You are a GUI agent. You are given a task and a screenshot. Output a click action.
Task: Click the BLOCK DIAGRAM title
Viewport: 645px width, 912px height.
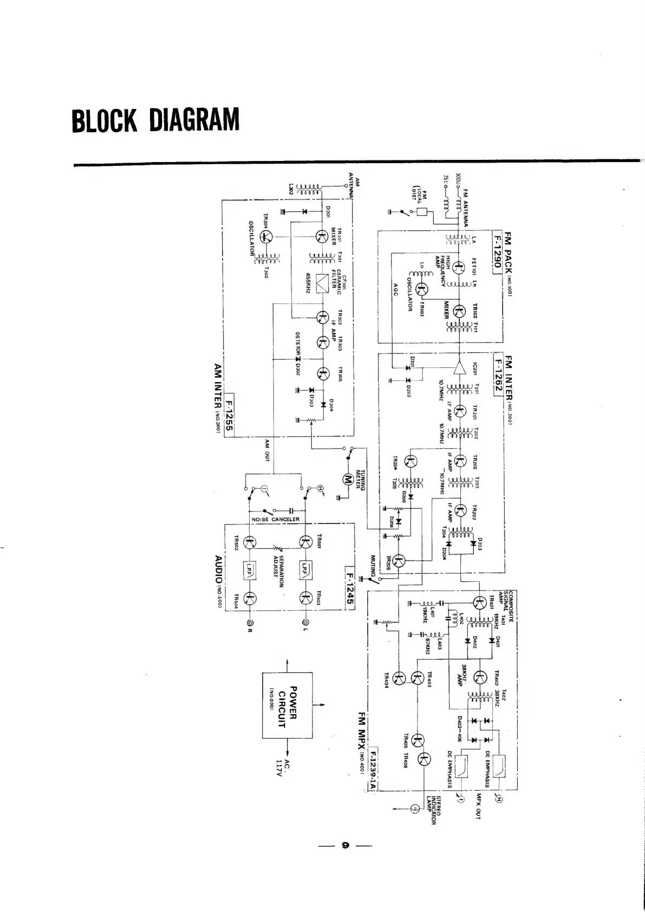155,120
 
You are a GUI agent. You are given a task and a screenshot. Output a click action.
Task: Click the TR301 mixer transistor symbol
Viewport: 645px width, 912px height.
322,237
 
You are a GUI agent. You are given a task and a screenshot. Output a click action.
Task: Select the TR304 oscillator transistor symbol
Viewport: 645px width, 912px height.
266,236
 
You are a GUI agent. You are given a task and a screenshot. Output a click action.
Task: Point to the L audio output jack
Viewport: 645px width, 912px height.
306,622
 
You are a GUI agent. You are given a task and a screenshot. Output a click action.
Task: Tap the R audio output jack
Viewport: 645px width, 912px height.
250,622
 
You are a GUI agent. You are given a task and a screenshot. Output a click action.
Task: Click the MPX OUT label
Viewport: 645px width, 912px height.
478,807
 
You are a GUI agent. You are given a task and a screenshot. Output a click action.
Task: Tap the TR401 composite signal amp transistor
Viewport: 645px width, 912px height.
480,603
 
